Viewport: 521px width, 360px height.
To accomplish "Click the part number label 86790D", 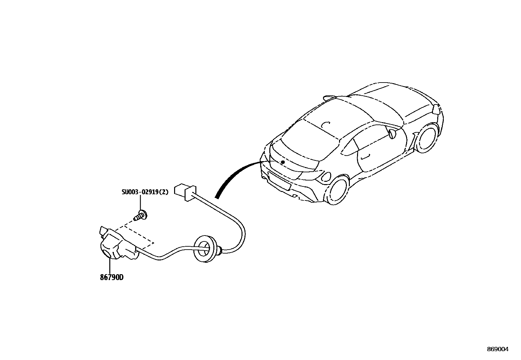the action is (x=112, y=278).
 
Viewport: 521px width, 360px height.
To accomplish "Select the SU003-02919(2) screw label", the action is (x=145, y=192).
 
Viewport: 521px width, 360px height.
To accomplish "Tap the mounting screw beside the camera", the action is (x=141, y=216).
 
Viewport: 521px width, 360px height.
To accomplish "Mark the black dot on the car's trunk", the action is (x=283, y=162).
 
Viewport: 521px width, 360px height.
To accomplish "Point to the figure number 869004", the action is (x=498, y=350).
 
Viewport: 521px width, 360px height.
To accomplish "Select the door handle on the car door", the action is (x=365, y=157).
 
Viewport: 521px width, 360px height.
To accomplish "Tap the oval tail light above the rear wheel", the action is (x=326, y=177).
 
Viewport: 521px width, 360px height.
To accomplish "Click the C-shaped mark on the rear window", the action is (x=325, y=125).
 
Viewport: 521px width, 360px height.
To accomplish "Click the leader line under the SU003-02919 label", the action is (x=141, y=203).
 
